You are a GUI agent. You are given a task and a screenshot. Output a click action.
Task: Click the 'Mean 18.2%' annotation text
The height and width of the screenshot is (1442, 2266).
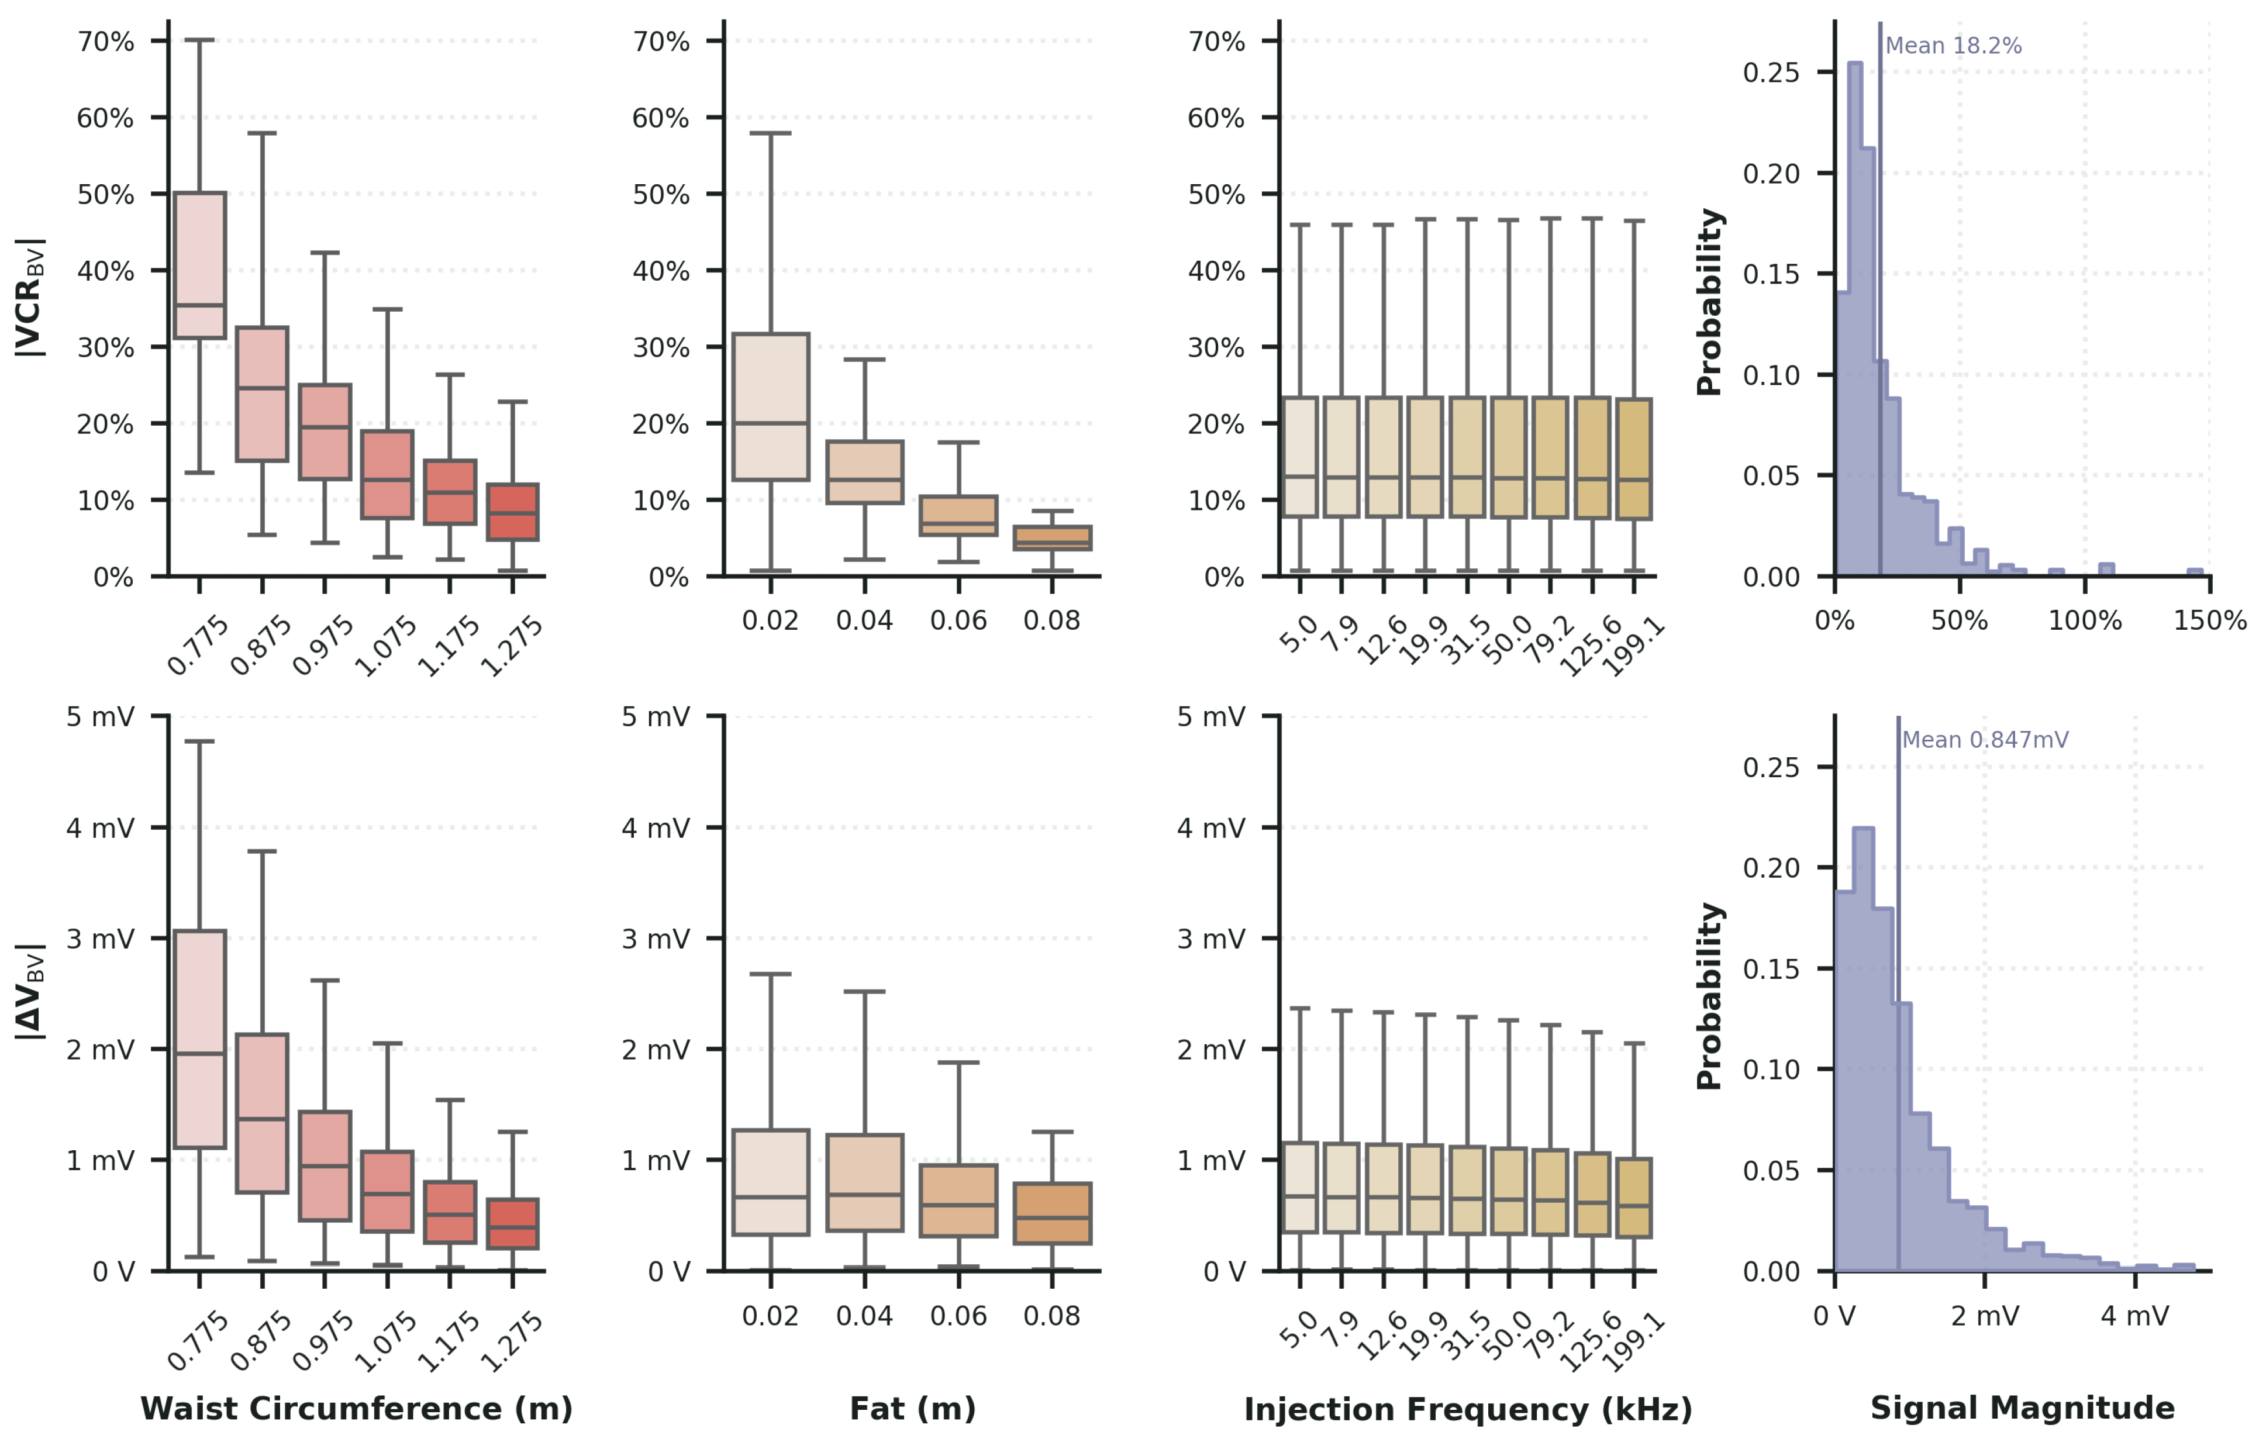pos(1954,46)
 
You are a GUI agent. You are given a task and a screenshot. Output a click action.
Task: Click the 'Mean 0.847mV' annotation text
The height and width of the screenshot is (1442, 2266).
pos(1985,740)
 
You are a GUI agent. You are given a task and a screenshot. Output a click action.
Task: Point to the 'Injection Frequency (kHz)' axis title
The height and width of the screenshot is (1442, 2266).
pos(1468,1409)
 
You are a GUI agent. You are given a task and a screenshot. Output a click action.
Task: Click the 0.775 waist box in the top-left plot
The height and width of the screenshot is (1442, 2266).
pos(199,264)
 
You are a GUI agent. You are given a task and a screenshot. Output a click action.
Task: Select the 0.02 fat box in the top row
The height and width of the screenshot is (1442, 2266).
pos(771,406)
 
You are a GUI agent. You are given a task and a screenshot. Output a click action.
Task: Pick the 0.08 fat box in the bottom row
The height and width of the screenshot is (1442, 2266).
pos(1052,1213)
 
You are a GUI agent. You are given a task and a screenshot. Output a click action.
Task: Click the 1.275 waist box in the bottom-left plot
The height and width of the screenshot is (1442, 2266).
pos(513,1224)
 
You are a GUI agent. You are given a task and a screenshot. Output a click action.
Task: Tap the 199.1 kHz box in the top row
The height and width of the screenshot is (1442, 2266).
pos(1634,458)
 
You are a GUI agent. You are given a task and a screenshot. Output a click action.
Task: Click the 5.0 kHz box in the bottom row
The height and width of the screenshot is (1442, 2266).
pos(1301,1187)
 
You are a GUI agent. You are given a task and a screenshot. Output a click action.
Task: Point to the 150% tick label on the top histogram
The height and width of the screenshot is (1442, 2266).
pos(2209,621)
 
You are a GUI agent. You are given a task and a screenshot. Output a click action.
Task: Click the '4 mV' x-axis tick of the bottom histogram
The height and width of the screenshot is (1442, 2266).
pos(2134,1316)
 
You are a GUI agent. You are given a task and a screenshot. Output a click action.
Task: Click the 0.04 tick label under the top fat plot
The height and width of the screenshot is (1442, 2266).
pos(864,621)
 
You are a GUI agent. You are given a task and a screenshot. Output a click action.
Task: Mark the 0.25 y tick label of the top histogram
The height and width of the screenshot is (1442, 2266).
pos(1771,73)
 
